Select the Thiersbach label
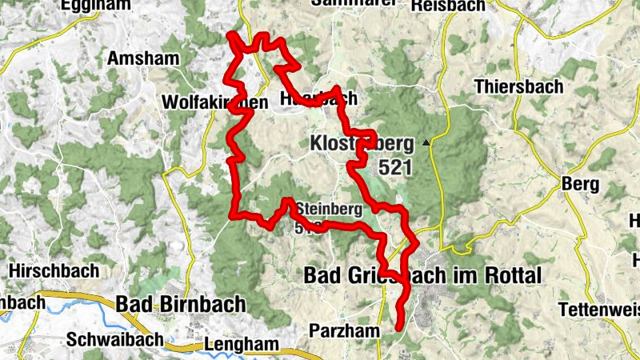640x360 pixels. pos(518,86)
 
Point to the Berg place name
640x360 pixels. pos(581,184)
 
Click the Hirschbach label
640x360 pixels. pos(54,270)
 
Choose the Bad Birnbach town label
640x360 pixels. pos(181,304)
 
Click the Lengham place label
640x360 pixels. pos(242,345)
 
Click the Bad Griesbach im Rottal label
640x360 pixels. pos(422,275)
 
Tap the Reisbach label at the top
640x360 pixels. pos(448,6)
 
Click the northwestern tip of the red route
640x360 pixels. pos(230,34)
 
